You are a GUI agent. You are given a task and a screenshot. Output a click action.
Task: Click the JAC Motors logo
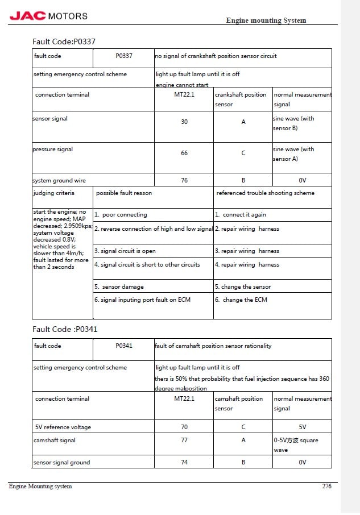49,16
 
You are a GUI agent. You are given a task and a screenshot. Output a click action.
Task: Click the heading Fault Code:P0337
63,41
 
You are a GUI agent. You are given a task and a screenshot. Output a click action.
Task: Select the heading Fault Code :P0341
61,329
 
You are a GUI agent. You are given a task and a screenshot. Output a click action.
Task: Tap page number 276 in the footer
326,486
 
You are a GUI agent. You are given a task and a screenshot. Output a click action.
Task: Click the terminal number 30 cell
184,122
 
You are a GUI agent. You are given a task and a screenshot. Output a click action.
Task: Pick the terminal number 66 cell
184,153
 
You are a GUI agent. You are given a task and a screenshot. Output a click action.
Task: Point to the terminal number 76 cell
184,181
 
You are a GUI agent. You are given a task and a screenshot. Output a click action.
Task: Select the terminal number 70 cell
184,427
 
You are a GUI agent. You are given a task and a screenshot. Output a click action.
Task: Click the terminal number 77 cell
184,441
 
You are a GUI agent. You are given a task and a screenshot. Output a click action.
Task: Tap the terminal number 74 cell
184,462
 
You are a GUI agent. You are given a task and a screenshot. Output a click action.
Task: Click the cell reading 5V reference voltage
63,427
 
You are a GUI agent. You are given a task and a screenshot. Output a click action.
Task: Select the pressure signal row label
53,149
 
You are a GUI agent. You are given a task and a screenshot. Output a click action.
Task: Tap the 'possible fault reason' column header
124,193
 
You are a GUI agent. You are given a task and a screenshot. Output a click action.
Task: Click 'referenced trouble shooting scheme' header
265,193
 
